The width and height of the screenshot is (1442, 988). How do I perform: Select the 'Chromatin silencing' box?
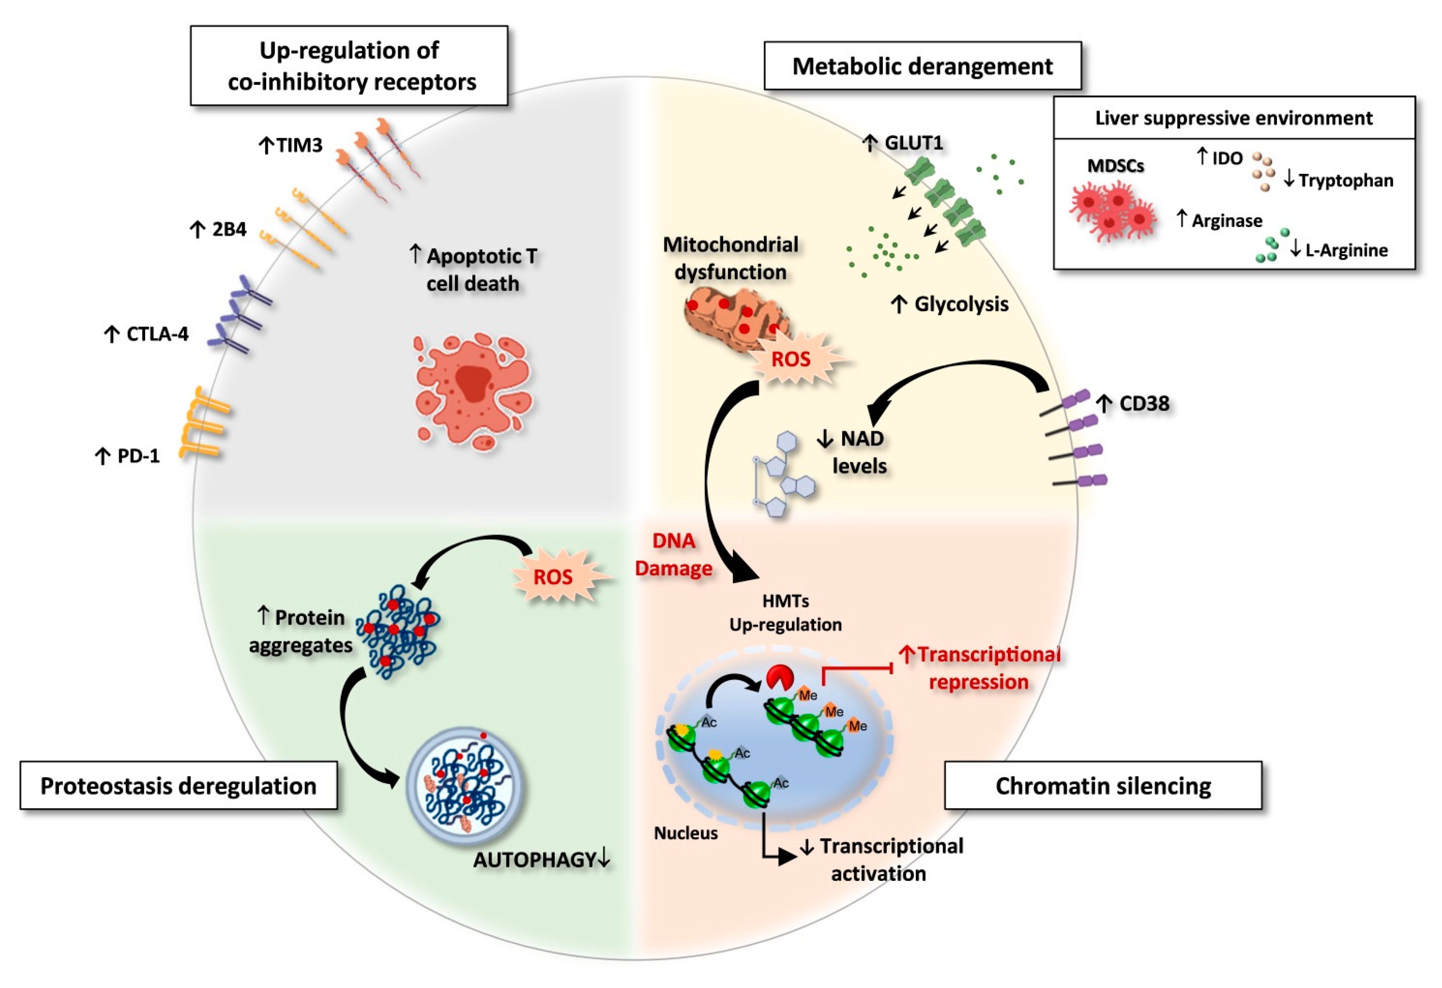(x=1103, y=786)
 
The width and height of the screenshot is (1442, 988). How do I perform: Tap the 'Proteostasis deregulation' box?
(x=179, y=786)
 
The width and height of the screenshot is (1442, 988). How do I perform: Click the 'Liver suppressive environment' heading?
(x=1234, y=118)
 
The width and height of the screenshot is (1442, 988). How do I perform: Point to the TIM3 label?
(x=298, y=145)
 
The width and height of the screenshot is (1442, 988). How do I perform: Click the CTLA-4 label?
(x=157, y=334)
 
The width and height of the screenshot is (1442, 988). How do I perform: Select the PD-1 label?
(x=138, y=456)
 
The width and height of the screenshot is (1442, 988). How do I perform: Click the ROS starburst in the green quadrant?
(x=553, y=577)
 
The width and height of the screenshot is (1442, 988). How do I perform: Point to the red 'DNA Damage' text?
(x=674, y=554)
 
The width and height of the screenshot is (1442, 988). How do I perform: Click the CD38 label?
(x=1144, y=404)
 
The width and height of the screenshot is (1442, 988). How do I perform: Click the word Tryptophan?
(x=1345, y=181)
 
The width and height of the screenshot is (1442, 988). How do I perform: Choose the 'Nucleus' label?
(x=686, y=833)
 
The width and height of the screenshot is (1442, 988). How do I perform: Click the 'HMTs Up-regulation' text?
(x=785, y=613)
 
